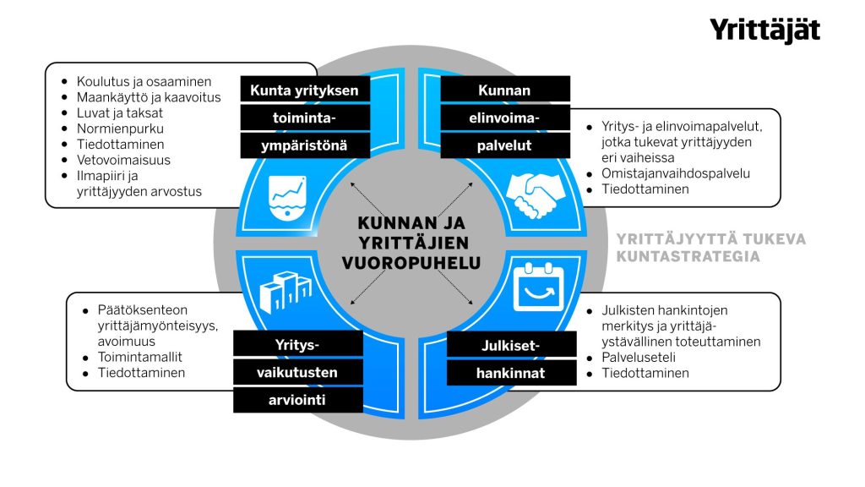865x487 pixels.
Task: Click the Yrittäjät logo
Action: tap(764, 30)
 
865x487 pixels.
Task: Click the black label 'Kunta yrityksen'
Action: tap(305, 90)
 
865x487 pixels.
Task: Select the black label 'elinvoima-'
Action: tap(505, 118)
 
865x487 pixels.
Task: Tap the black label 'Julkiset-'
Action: tap(511, 344)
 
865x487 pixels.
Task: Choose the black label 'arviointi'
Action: tap(298, 400)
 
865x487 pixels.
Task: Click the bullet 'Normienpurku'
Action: tap(120, 129)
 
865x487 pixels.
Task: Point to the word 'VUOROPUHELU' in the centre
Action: tap(411, 263)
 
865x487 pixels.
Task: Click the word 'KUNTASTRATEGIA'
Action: tap(688, 256)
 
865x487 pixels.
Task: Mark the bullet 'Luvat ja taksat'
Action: tap(120, 112)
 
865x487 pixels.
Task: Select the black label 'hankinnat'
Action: tap(511, 373)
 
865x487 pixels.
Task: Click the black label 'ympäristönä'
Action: tap(305, 145)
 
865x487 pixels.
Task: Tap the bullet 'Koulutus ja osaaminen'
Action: tap(144, 81)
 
